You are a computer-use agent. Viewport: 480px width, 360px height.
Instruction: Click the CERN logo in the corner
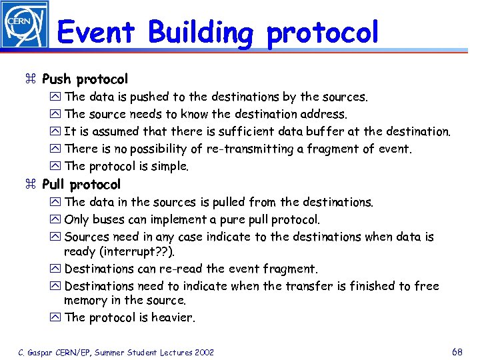coord(24,25)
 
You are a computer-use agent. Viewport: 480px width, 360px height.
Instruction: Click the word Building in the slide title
coord(200,32)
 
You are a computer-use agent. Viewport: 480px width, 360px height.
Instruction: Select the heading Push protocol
coord(85,80)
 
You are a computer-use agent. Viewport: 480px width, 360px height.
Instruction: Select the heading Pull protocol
coord(81,185)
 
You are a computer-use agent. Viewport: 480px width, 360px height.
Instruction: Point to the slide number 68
coord(457,351)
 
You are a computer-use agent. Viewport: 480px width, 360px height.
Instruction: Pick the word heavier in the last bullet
coord(172,318)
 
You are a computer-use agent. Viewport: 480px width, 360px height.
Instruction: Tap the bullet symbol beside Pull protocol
coord(29,185)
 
